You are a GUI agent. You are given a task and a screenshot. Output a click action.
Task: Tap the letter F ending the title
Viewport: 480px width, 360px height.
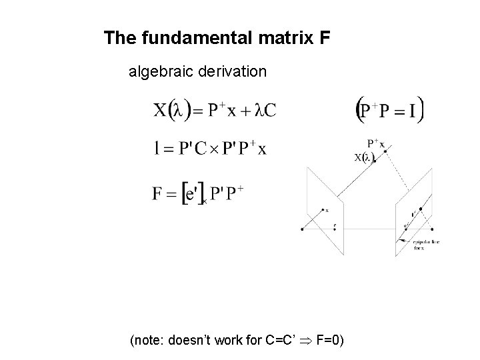tap(324, 39)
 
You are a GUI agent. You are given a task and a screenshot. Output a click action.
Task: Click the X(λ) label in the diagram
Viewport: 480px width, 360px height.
tap(363, 157)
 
